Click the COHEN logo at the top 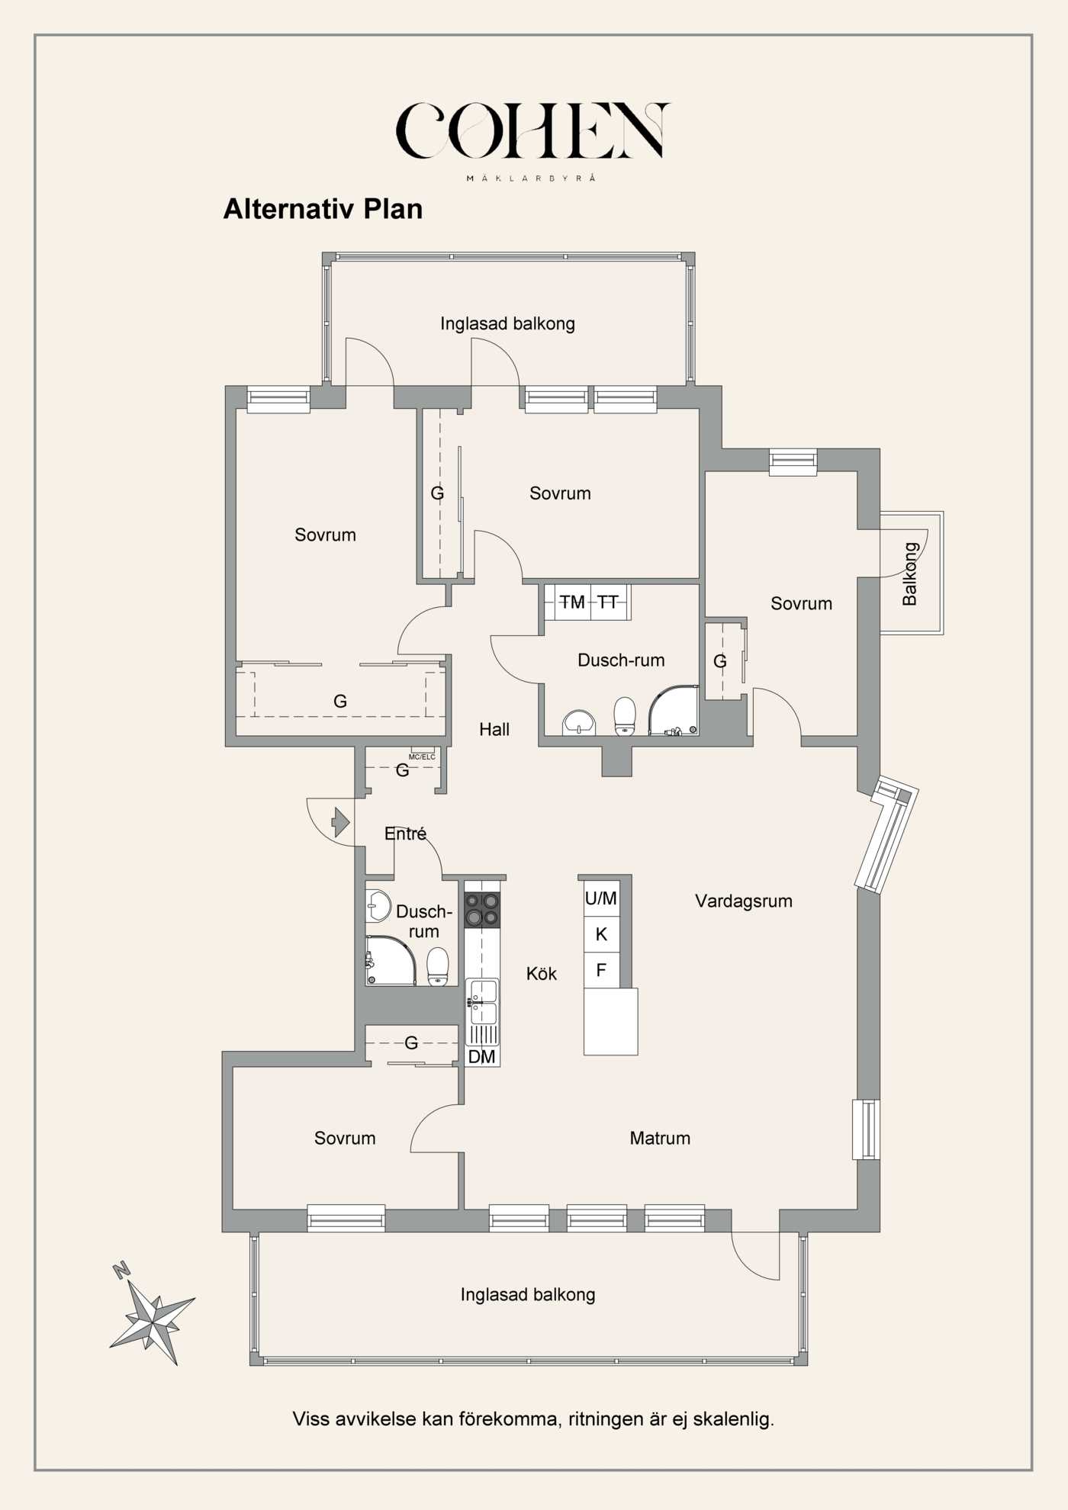coord(532,131)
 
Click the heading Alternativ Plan coord(323,209)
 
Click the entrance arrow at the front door coord(340,823)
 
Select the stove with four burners coord(482,910)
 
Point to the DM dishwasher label coord(481,1057)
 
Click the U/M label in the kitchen coord(601,898)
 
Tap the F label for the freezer coord(601,970)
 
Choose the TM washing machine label coord(571,602)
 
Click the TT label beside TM coord(608,602)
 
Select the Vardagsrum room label coord(743,901)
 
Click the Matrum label coord(660,1138)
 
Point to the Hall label coord(494,730)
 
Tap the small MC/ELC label coord(422,757)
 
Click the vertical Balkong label coord(909,573)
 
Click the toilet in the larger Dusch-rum coord(625,715)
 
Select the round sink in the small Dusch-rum coord(378,907)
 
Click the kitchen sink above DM coord(482,1001)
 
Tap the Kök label coord(542,974)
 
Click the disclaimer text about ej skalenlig coord(533,1419)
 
